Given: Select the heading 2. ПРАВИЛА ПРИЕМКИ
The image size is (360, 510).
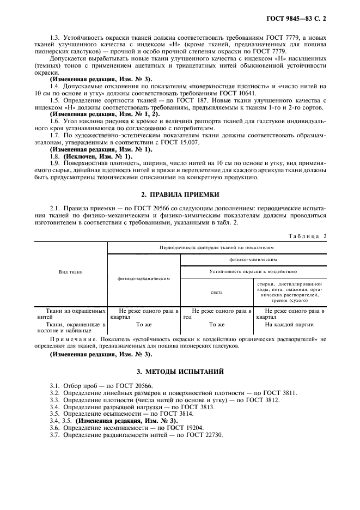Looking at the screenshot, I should click(180, 194).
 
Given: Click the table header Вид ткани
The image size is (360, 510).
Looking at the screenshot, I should click(71, 271).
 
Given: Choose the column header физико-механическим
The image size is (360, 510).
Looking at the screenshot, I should click(144, 278).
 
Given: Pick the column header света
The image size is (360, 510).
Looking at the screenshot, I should click(216, 292).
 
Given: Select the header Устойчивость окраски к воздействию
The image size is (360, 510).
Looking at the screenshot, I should click(253, 271).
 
